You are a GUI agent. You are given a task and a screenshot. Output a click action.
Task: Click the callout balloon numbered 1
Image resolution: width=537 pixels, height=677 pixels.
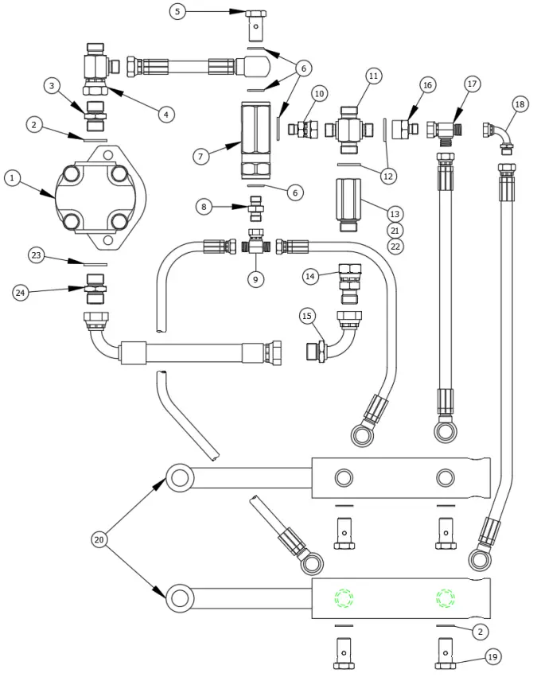(x=13, y=178)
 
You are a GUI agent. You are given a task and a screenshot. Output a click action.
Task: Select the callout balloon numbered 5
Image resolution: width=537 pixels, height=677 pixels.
(x=178, y=11)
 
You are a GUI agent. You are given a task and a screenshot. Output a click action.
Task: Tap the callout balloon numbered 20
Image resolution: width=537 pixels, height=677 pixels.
(x=99, y=539)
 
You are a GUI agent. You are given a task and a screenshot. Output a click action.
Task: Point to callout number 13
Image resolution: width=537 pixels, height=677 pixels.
(x=395, y=213)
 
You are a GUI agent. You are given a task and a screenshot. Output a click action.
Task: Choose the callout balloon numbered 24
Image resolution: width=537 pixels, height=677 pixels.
(x=21, y=293)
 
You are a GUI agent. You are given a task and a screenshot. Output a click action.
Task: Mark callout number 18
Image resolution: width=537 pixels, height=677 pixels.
(x=520, y=104)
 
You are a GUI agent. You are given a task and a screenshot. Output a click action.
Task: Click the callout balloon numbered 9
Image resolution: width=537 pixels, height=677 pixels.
(x=255, y=279)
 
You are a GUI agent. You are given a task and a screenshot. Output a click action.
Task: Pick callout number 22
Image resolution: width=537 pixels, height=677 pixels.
(x=395, y=247)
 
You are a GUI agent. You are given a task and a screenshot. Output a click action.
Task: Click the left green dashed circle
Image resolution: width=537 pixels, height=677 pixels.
(x=344, y=597)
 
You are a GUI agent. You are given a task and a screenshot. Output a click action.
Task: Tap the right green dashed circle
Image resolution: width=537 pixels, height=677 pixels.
(x=445, y=597)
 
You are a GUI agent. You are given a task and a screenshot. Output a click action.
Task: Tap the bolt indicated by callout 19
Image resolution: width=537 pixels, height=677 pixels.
(x=446, y=658)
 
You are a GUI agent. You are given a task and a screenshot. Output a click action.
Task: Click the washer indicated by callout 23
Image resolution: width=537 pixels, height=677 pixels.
(x=95, y=263)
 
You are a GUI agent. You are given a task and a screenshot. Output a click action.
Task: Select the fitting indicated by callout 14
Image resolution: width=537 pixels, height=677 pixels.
(x=350, y=283)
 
